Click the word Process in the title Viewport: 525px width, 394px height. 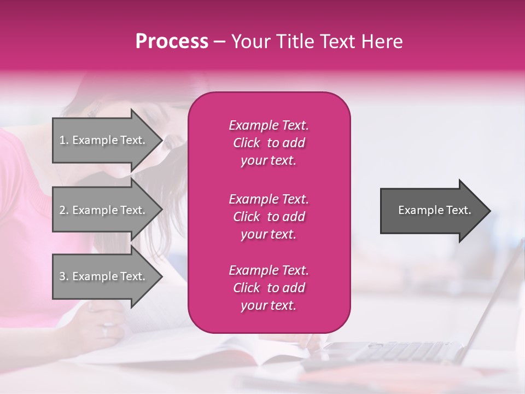[x=172, y=42]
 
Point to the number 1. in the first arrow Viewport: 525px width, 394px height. [x=64, y=140]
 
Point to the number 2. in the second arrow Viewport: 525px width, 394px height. [x=64, y=210]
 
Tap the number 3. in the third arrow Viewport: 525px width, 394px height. [x=64, y=276]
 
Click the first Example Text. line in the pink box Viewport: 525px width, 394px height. [x=269, y=125]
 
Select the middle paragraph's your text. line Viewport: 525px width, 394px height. [x=269, y=234]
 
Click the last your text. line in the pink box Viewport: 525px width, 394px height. [x=269, y=306]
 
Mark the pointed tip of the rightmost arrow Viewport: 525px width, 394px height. [x=489, y=211]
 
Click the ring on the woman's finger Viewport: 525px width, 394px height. [x=106, y=331]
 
